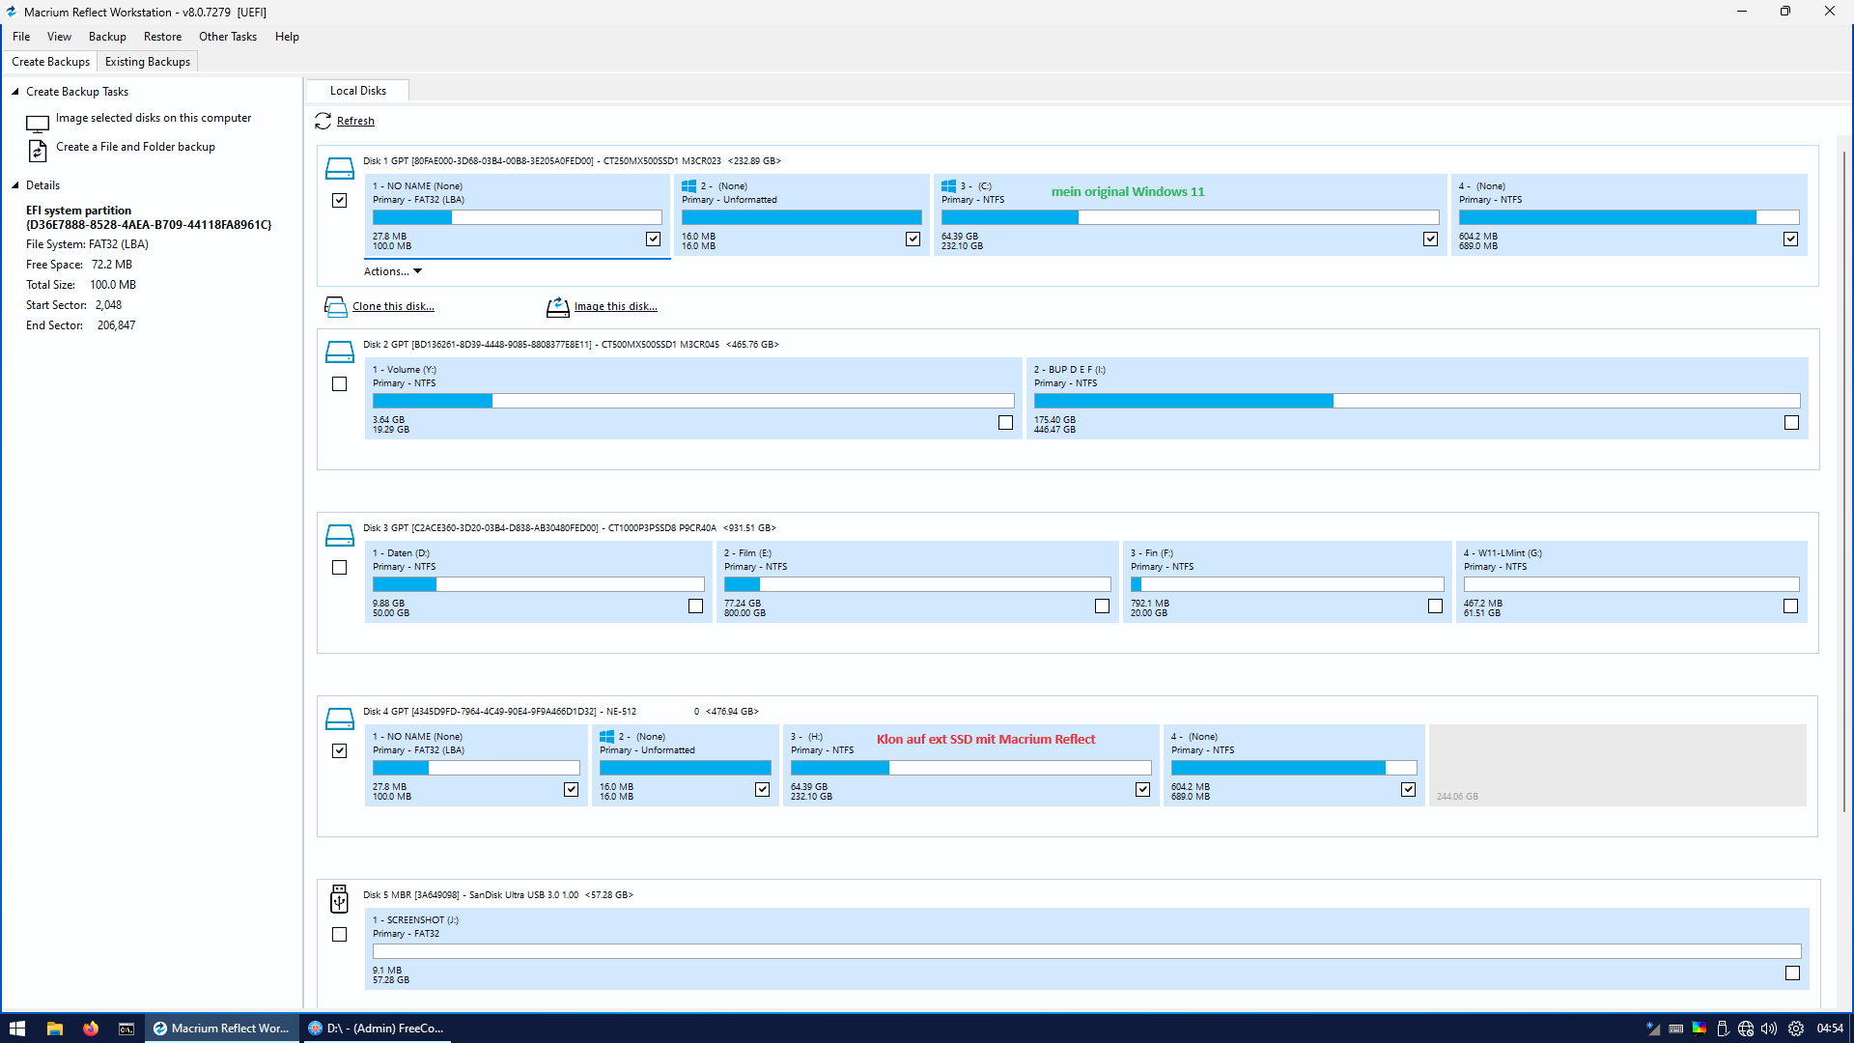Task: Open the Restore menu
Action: (162, 37)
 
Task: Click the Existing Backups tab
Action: (148, 62)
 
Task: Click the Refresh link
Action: (355, 121)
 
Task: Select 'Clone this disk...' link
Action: (393, 306)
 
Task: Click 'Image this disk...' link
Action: (616, 306)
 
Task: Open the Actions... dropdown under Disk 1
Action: (393, 271)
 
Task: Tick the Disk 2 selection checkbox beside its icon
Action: (339, 383)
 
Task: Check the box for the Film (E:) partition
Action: (1102, 606)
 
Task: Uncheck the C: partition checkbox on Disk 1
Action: (1430, 239)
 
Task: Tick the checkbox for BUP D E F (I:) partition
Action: (1791, 422)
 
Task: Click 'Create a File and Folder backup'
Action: (135, 147)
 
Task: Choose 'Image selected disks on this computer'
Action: (154, 118)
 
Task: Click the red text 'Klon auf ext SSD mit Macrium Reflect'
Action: (986, 739)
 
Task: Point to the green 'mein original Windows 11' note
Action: (1128, 191)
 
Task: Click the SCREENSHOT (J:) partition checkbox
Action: (1792, 973)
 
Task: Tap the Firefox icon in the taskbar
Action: (91, 1029)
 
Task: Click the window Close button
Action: (1829, 12)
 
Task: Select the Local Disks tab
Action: (357, 91)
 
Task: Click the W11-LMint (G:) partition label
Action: (1503, 553)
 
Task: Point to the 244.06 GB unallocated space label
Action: (1457, 797)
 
